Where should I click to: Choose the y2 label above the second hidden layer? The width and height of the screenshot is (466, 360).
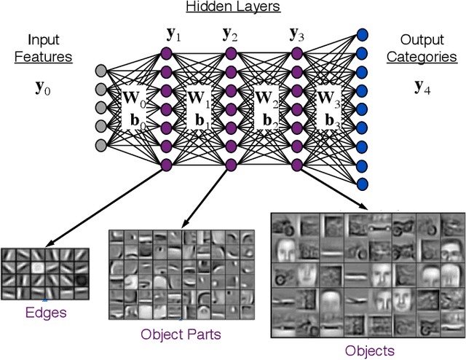tap(232, 34)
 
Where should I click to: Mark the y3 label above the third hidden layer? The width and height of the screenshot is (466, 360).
tap(297, 34)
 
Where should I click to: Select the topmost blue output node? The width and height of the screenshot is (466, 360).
tap(362, 34)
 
